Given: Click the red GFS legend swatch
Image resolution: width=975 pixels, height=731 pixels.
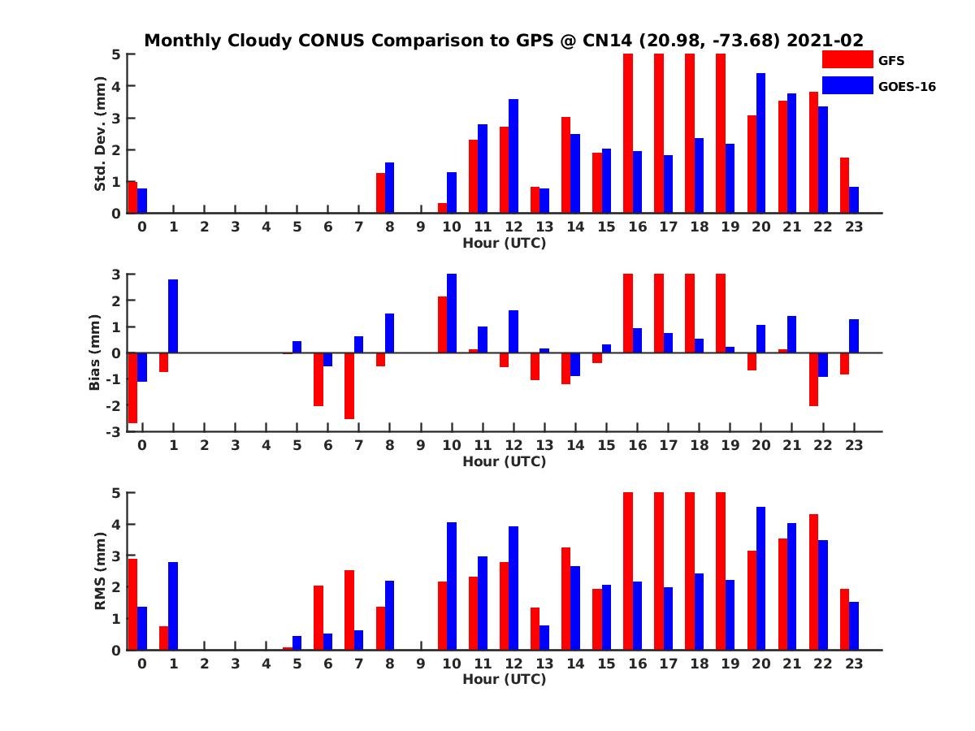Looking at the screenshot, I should click(x=847, y=59).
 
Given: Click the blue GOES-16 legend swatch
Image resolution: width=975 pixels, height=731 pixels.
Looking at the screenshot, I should click(x=847, y=85).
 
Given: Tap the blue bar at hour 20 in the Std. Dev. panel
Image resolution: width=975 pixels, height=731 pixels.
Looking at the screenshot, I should click(x=761, y=143).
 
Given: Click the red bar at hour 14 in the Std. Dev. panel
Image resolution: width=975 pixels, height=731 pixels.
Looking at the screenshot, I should click(x=565, y=165).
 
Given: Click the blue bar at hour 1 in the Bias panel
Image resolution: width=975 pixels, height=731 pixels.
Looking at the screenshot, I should click(x=173, y=316).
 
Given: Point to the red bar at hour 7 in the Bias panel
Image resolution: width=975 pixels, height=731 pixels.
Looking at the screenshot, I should click(x=349, y=386).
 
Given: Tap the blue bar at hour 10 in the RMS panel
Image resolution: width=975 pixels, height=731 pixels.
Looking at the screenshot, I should click(x=452, y=586).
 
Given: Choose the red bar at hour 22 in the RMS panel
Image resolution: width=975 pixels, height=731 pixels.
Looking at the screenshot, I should click(x=813, y=582).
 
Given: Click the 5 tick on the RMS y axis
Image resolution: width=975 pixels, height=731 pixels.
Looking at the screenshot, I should click(x=118, y=492).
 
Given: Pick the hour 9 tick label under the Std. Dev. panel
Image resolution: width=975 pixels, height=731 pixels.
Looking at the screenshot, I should click(x=420, y=227).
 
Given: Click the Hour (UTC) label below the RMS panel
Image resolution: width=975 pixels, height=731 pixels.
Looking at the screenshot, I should click(x=504, y=679).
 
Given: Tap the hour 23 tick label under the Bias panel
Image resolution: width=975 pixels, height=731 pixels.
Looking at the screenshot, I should click(x=853, y=445).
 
